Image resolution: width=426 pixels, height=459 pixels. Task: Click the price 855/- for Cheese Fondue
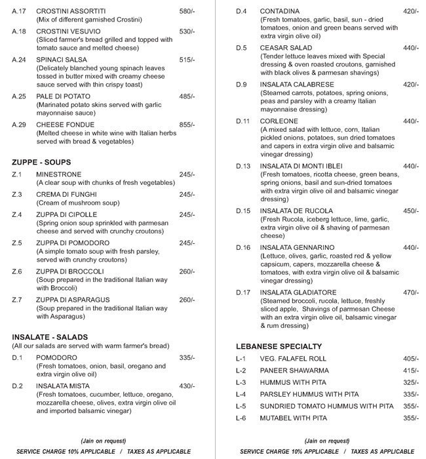tap(187, 125)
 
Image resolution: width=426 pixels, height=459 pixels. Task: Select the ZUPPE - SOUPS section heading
tap(41, 161)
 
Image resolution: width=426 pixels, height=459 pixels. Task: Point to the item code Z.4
tap(17, 214)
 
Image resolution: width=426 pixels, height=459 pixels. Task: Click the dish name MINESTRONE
tap(59, 174)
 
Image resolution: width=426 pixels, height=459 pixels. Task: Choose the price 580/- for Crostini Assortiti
tap(187, 12)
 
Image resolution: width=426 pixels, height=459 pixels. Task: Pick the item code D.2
tap(17, 386)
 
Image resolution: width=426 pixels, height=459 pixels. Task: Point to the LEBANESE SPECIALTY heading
tap(279, 346)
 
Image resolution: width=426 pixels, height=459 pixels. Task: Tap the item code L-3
tap(241, 382)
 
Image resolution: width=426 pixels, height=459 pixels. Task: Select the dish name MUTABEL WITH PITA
tap(293, 418)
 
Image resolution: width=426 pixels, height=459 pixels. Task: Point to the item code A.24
tap(19, 60)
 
